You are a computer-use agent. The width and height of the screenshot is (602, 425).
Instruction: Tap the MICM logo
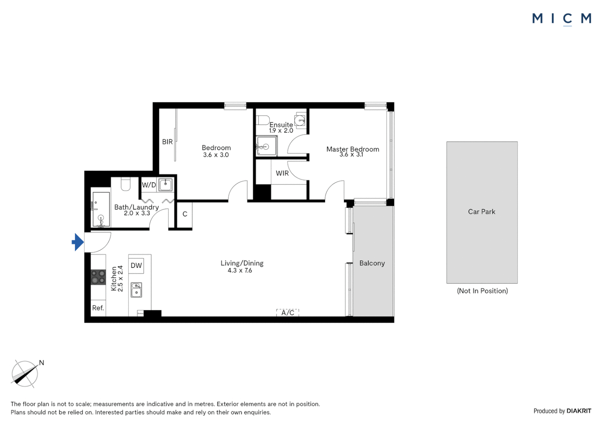pos(561,18)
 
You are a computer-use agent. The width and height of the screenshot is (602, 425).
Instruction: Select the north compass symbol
pos(25,373)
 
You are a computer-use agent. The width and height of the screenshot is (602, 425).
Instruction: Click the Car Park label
pos(481,212)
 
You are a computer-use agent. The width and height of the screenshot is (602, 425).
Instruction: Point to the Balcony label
pos(372,263)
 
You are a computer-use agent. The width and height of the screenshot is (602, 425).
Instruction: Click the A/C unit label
pos(288,313)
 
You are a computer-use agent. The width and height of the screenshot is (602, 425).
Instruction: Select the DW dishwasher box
pos(136,266)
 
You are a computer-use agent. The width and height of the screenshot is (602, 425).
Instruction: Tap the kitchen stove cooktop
pos(98,277)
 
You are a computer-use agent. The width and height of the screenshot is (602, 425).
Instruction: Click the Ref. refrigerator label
pos(98,308)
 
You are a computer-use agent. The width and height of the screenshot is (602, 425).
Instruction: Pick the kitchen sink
pos(136,290)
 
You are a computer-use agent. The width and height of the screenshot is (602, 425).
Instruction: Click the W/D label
pos(149,185)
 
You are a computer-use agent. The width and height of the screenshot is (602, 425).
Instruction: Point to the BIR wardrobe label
pos(167,142)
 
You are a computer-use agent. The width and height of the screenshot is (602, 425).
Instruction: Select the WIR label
pos(282,173)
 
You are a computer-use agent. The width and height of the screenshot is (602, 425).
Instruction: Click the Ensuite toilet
pos(263,120)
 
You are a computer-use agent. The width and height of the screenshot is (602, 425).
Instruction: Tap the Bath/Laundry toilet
pos(126,184)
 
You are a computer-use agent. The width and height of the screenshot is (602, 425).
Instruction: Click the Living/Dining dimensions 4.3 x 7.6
pos(240,270)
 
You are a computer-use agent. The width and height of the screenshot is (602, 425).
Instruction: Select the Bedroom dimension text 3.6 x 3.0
pos(216,155)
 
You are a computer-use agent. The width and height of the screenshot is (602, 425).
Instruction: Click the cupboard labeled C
pos(185,214)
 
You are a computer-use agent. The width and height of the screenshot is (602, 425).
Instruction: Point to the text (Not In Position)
pos(482,291)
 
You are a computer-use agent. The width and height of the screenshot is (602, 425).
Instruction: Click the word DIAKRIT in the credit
pos(579,411)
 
